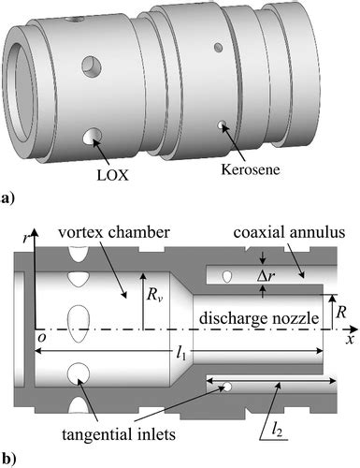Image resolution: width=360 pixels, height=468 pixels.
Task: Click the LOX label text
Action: (x=112, y=175)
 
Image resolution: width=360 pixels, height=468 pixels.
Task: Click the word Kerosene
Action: (x=251, y=169)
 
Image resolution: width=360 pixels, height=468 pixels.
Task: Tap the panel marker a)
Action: (x=8, y=198)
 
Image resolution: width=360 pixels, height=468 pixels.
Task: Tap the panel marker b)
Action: (x=8, y=459)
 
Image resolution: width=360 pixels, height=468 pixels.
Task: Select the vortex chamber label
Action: (x=114, y=232)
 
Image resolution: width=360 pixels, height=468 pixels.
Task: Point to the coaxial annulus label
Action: (x=289, y=232)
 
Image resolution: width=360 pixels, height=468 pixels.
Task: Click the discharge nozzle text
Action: (x=259, y=318)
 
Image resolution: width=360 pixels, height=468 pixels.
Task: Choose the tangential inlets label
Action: (x=119, y=434)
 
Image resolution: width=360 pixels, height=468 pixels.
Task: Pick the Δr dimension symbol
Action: (x=266, y=277)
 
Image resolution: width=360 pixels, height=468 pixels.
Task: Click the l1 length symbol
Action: (x=181, y=354)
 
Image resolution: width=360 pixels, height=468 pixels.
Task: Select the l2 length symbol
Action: (x=277, y=431)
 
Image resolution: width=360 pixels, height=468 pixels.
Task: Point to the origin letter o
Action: (x=42, y=338)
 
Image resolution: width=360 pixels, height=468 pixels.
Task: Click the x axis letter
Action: (x=351, y=340)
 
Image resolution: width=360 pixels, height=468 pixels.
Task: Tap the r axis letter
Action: (x=26, y=239)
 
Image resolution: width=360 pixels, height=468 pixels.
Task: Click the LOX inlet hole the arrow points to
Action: (x=92, y=137)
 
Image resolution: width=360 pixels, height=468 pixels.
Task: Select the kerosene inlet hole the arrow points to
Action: (x=221, y=124)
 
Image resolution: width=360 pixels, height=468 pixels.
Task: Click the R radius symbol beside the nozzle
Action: (x=341, y=312)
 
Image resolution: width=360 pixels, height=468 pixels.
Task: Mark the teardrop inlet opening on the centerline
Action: (x=79, y=323)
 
